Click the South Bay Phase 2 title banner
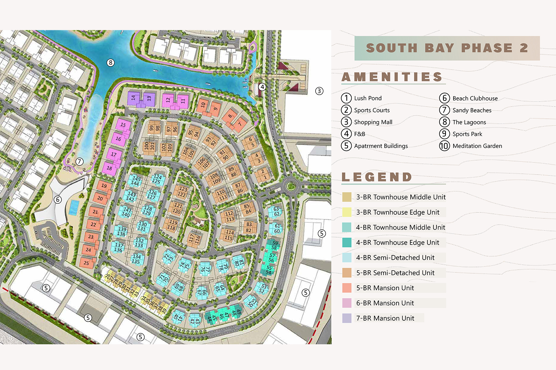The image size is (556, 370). click(x=447, y=48)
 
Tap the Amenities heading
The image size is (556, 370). click(x=392, y=77)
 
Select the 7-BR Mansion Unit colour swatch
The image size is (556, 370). click(x=347, y=318)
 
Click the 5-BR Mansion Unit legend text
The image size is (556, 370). click(x=385, y=288)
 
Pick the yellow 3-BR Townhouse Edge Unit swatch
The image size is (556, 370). click(x=347, y=212)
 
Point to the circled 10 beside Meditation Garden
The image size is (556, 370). click(x=444, y=146)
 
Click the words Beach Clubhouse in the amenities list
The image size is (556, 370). click(x=475, y=98)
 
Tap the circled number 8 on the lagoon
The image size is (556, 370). click(x=111, y=63)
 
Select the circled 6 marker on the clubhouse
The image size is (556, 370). click(x=58, y=200)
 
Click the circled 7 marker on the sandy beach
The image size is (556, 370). click(x=79, y=162)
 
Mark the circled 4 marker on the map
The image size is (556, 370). click(x=262, y=87)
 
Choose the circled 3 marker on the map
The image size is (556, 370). click(x=319, y=91)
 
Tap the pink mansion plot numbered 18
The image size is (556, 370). click(x=110, y=168)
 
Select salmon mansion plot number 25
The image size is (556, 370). click(x=86, y=263)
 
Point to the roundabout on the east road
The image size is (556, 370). click(x=291, y=186)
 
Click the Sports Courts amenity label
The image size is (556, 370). click(x=372, y=110)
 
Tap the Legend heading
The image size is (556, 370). click(x=377, y=177)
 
